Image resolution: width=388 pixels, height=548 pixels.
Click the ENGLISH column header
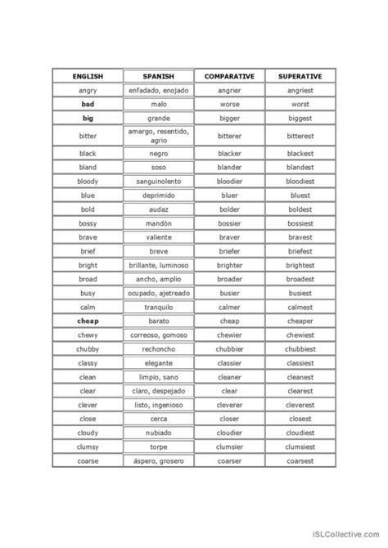88,76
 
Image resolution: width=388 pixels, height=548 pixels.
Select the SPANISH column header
159,76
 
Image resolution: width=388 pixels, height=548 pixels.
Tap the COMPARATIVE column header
230,76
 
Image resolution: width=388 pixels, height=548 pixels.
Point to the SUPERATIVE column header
300,76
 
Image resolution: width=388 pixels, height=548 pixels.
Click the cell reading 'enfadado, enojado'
159,90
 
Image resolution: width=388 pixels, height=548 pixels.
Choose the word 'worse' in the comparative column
230,105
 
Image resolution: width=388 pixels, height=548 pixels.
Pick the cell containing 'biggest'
300,119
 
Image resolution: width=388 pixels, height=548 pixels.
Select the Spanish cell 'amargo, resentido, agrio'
159,136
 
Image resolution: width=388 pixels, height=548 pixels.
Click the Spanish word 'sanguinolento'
159,181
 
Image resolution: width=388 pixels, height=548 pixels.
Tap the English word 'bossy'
88,223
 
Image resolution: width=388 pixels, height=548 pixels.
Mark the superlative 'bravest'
300,237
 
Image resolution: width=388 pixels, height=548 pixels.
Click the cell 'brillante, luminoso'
159,265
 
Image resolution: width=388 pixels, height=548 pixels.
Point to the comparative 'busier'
230,293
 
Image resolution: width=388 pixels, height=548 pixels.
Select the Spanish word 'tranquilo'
159,308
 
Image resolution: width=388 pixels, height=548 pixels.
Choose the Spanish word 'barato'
159,321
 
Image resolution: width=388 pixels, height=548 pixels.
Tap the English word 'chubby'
88,349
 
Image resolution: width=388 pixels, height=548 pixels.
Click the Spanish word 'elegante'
159,363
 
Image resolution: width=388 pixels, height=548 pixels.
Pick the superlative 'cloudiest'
300,433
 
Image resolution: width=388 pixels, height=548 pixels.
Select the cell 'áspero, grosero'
159,461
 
